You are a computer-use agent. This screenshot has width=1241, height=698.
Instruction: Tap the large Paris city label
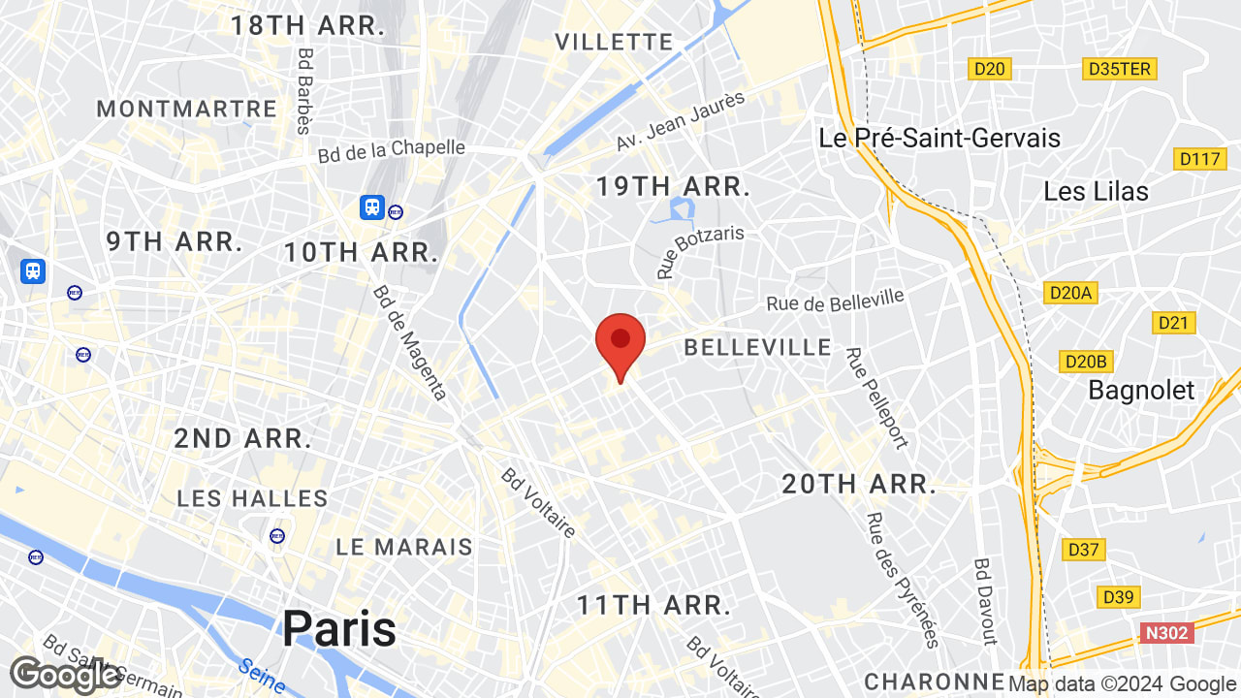[x=339, y=629]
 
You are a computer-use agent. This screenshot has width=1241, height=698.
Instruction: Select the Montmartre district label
[x=187, y=109]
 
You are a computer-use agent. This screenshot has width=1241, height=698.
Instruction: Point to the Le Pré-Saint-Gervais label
[x=939, y=138]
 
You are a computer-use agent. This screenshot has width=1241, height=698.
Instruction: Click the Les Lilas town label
[x=1096, y=191]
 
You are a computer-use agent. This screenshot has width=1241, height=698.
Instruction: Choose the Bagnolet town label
[x=1141, y=391]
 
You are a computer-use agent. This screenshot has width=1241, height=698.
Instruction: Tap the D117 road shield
[x=1200, y=158]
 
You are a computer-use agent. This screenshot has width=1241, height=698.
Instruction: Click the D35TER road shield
[x=1120, y=68]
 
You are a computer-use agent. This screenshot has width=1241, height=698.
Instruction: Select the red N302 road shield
[x=1165, y=633]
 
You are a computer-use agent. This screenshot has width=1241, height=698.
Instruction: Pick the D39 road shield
[x=1120, y=596]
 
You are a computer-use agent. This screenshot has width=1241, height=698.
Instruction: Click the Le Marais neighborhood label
[x=404, y=547]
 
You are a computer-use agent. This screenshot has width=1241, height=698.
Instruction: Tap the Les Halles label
[x=253, y=498]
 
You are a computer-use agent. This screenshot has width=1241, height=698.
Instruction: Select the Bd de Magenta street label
[x=410, y=342]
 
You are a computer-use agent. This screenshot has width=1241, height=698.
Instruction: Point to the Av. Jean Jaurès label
[x=681, y=121]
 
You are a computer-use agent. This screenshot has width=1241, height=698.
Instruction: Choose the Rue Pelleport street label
[x=876, y=398]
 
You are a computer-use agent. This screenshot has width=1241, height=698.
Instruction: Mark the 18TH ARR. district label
[x=307, y=26]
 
